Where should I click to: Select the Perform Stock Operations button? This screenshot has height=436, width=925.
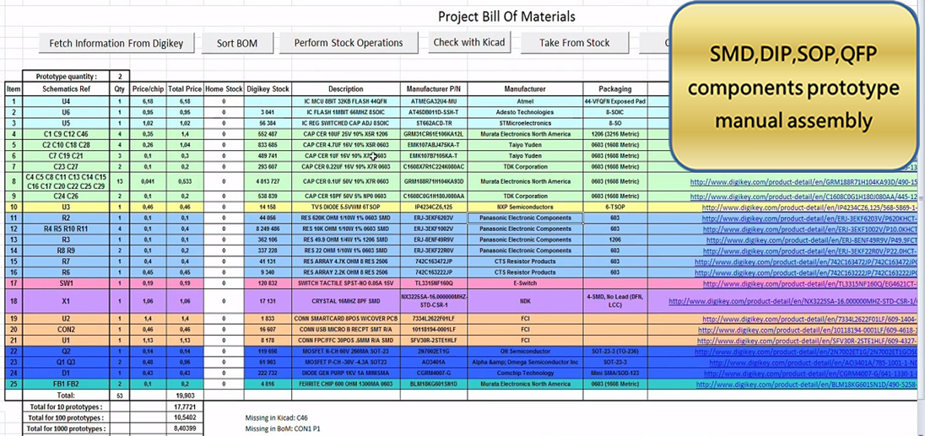click(349, 43)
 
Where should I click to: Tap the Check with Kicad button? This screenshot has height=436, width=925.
click(468, 42)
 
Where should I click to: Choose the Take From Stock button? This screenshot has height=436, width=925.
click(574, 43)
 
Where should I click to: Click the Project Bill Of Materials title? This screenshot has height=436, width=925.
click(506, 17)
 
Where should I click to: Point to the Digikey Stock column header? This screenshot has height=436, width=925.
click(268, 89)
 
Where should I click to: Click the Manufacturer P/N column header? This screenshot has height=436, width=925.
click(433, 89)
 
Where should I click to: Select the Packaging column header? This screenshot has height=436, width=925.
click(614, 89)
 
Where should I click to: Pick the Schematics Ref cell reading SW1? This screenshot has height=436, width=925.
click(66, 283)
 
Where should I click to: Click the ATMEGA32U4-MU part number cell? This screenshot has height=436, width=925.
click(433, 101)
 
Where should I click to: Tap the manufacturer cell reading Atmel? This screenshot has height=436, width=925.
click(525, 101)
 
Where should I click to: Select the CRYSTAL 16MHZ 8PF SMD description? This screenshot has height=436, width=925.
click(345, 301)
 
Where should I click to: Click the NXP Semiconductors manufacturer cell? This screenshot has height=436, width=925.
click(525, 207)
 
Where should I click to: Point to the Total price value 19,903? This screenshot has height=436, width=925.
click(184, 395)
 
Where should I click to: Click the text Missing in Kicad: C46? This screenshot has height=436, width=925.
click(277, 417)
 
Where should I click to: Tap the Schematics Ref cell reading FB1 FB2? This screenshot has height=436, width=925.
click(66, 384)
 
